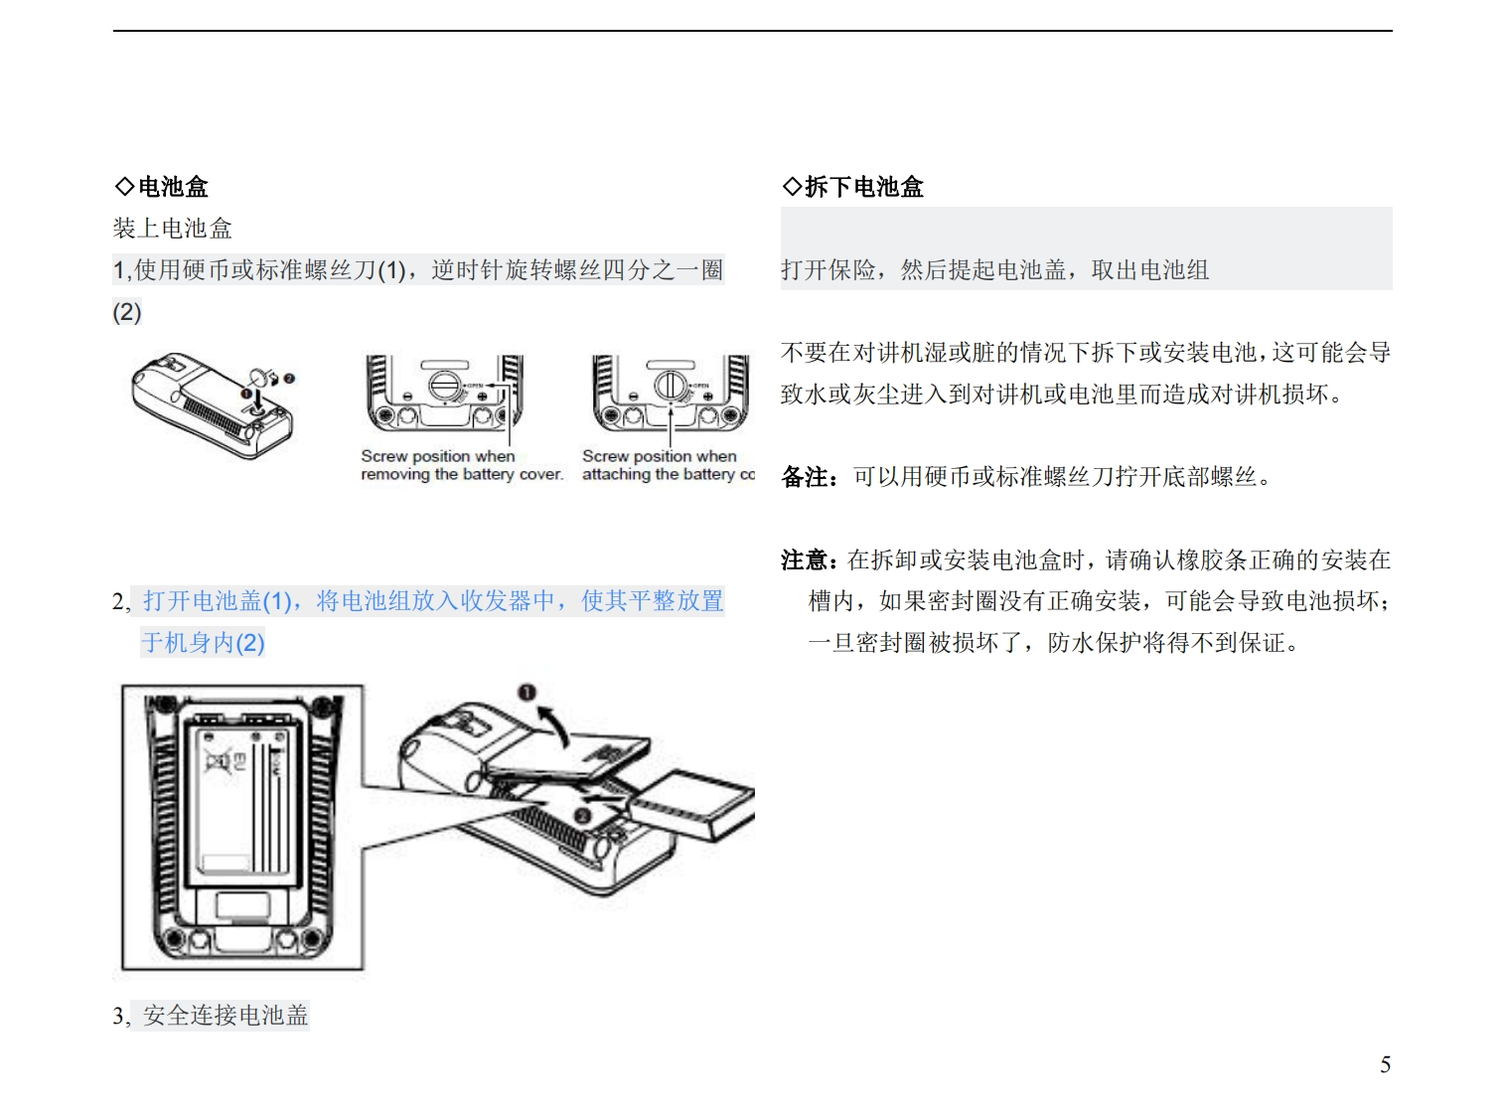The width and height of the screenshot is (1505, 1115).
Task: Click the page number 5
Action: click(x=1385, y=1065)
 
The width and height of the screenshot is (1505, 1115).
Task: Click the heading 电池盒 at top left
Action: click(x=173, y=187)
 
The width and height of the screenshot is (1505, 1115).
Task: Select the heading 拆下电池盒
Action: click(x=863, y=187)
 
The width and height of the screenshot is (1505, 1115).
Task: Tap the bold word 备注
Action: click(x=805, y=478)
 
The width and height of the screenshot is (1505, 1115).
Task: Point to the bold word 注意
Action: click(x=805, y=560)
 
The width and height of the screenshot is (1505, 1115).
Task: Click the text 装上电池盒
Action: click(x=173, y=229)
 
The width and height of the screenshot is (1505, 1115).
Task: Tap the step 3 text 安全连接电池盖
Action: click(x=226, y=1016)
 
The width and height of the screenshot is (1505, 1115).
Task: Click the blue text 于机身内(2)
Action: click(x=204, y=643)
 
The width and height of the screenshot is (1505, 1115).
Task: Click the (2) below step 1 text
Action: click(x=127, y=313)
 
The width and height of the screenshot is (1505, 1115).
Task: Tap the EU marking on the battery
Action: click(x=239, y=763)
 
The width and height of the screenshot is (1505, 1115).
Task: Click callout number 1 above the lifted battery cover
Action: click(x=527, y=692)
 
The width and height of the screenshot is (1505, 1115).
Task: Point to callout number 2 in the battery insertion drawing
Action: click(x=583, y=816)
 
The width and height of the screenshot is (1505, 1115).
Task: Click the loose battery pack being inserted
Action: click(x=693, y=803)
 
